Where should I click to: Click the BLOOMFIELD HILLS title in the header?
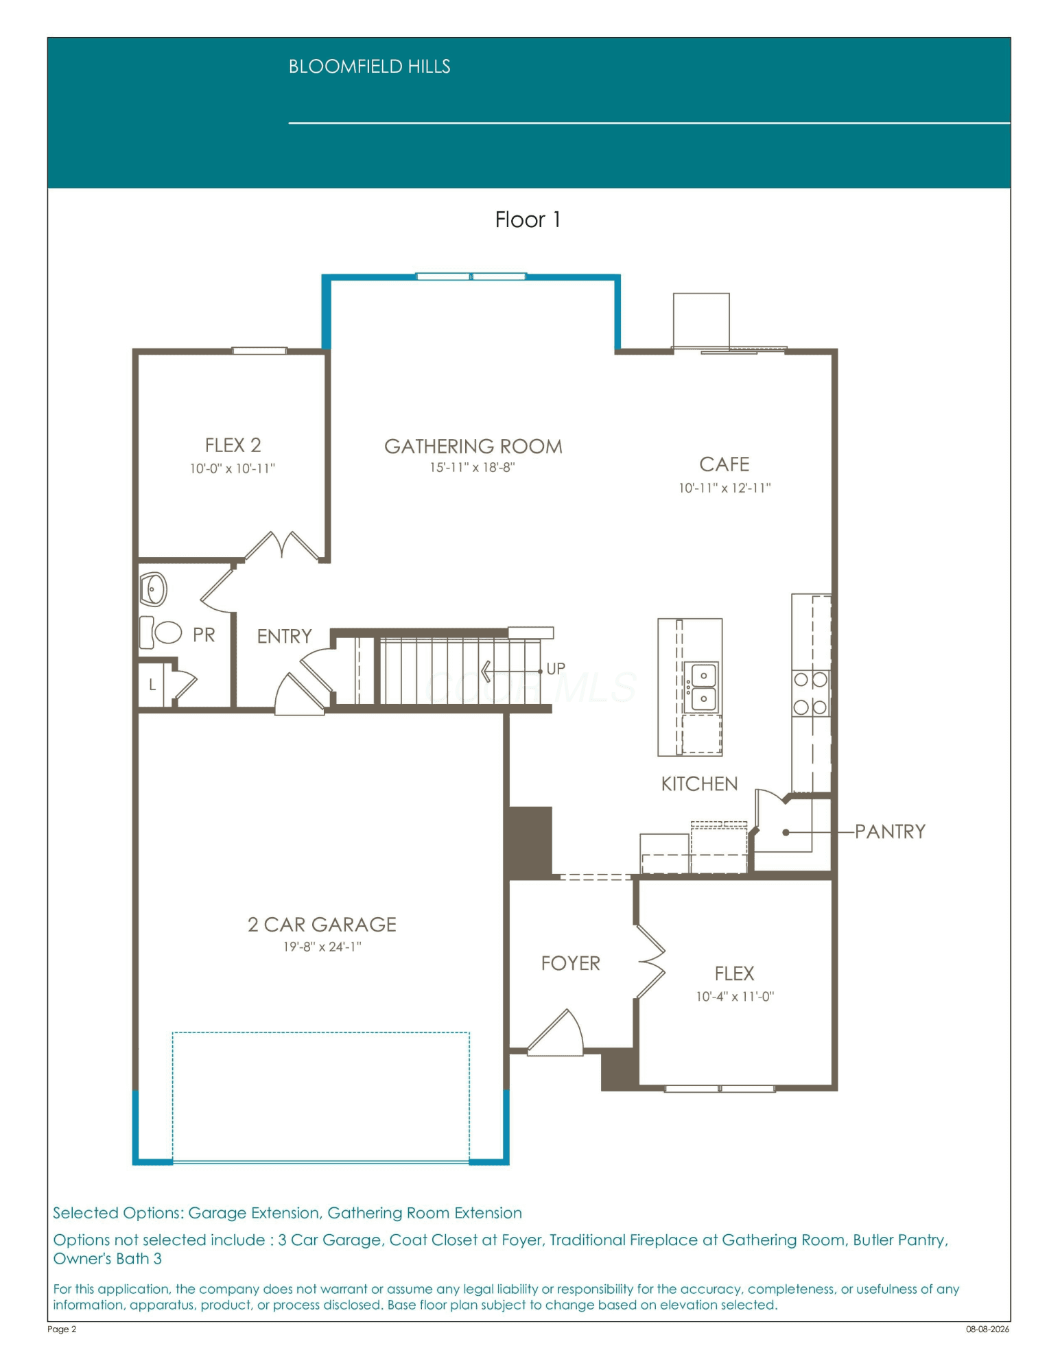click(x=369, y=67)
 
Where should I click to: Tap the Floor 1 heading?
click(x=528, y=220)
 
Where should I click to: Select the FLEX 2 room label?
click(x=233, y=445)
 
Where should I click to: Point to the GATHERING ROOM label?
click(x=473, y=447)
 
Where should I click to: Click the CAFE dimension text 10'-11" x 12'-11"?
click(x=725, y=488)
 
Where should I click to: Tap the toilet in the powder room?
click(x=161, y=632)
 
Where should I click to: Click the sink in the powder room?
click(x=153, y=589)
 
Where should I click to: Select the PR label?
click(x=204, y=635)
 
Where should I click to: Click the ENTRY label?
click(x=284, y=637)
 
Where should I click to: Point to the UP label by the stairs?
click(x=556, y=668)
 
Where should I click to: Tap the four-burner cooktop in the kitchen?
click(x=810, y=694)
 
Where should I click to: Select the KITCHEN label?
click(x=699, y=784)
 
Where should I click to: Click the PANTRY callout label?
click(x=890, y=831)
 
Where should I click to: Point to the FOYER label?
click(x=570, y=963)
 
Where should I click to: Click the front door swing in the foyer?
click(x=556, y=1032)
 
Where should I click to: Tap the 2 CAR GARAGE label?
click(x=322, y=925)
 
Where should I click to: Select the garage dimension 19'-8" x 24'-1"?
click(x=322, y=947)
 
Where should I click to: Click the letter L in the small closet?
click(x=152, y=684)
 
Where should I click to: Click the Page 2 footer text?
click(x=62, y=1329)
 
